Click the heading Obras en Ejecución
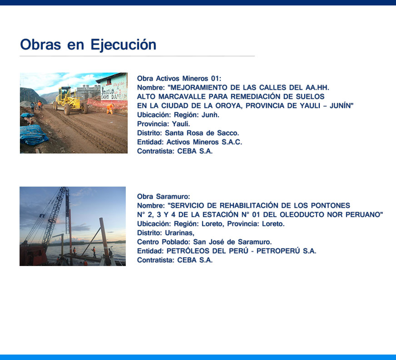click(88, 45)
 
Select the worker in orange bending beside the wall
click(110, 109)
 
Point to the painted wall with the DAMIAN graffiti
click(114, 90)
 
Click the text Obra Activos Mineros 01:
click(179, 79)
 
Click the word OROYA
click(227, 106)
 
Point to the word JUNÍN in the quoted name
click(340, 106)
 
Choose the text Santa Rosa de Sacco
click(202, 133)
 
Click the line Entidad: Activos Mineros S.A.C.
click(189, 142)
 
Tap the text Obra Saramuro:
click(163, 197)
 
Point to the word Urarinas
click(179, 233)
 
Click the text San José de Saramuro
click(233, 242)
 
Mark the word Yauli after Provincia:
click(181, 124)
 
